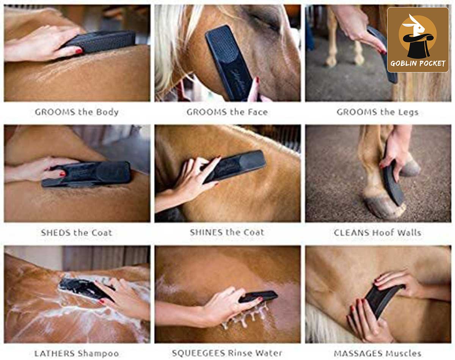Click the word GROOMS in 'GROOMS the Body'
[x=55, y=112]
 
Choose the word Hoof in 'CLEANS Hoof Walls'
[x=383, y=233]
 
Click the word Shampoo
[x=98, y=354]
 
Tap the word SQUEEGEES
[x=199, y=353]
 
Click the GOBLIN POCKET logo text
[x=418, y=63]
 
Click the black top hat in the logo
[x=418, y=46]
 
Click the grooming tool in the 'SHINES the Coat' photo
[x=234, y=166]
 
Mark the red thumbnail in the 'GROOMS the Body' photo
[x=79, y=51]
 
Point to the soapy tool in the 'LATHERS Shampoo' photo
[x=85, y=288]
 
